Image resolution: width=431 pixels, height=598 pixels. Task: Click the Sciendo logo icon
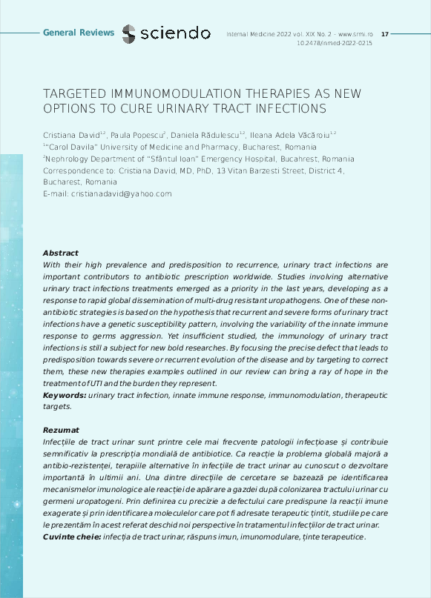click(129, 33)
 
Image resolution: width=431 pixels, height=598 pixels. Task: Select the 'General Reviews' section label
click(79, 33)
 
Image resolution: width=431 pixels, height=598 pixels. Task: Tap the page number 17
click(384, 34)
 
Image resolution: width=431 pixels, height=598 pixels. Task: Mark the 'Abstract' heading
click(60, 253)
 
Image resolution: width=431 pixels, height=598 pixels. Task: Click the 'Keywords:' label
click(65, 395)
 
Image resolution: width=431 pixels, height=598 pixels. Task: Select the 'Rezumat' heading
click(60, 430)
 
